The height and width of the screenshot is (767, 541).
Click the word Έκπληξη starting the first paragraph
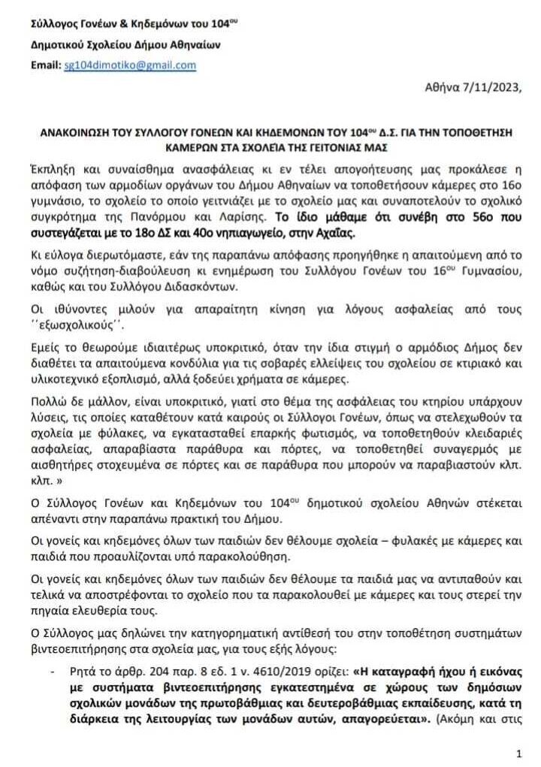[53, 168]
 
